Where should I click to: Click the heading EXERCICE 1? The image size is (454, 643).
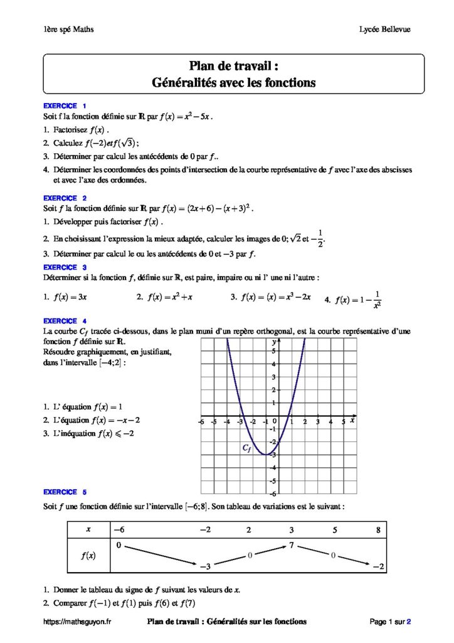pyautogui.click(x=65, y=105)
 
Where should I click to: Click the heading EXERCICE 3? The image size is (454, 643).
pyautogui.click(x=65, y=267)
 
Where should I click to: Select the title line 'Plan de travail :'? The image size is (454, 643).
pyautogui.click(x=233, y=66)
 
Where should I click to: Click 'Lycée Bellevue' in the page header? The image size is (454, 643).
pyautogui.click(x=385, y=30)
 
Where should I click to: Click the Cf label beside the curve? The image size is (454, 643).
pyautogui.click(x=247, y=448)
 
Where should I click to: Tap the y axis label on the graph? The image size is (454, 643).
pyautogui.click(x=274, y=342)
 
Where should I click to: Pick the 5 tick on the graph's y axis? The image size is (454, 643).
pyautogui.click(x=273, y=351)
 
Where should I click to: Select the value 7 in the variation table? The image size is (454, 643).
pyautogui.click(x=292, y=545)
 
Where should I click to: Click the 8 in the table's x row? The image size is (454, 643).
pyautogui.click(x=378, y=530)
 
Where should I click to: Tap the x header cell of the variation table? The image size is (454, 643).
pyautogui.click(x=88, y=530)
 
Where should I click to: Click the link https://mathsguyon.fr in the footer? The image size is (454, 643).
pyautogui.click(x=77, y=622)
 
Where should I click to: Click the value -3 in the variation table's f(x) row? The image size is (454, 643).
pyautogui.click(x=204, y=566)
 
